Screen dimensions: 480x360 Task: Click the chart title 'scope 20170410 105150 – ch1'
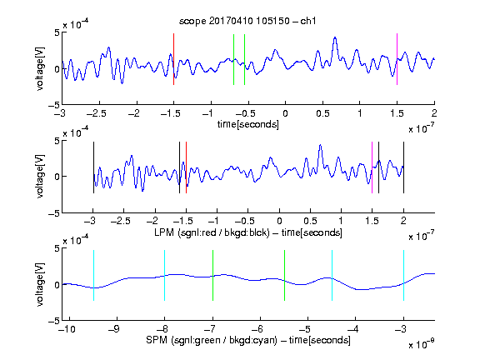point(247,21)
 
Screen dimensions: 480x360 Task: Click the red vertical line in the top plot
point(173,59)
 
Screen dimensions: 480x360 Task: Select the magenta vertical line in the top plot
point(397,59)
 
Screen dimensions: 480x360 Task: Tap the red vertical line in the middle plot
point(186,167)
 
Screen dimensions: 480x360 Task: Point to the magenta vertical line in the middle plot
point(372,167)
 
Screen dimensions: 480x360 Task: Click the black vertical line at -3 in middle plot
point(93,167)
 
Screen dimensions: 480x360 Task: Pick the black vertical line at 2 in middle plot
point(403,167)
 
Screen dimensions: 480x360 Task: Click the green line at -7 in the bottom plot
point(212,275)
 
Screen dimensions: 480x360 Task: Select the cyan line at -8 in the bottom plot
point(165,275)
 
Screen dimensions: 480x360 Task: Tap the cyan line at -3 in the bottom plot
point(403,275)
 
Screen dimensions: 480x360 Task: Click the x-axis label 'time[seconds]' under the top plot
point(248,124)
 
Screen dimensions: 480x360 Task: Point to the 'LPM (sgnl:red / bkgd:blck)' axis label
point(212,232)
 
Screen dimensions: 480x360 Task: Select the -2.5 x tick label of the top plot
point(97,113)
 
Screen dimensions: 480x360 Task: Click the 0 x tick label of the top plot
point(285,113)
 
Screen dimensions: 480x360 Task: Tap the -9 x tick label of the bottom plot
point(114,329)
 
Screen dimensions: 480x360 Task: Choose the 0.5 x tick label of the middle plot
point(310,221)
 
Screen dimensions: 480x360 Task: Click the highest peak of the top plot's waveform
point(335,37)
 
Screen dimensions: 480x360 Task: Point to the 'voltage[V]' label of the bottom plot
point(40,284)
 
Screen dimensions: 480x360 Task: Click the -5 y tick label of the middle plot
point(54,213)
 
